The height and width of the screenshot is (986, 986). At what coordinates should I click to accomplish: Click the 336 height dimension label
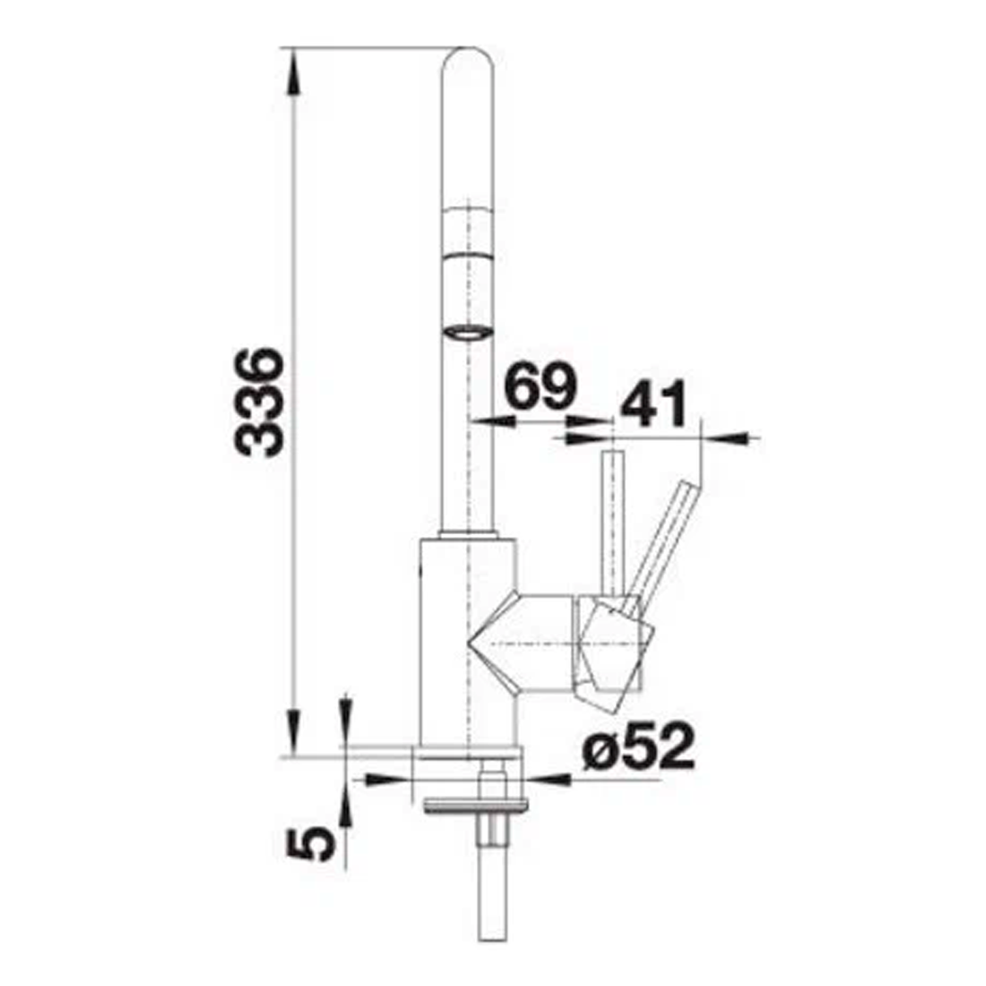(259, 402)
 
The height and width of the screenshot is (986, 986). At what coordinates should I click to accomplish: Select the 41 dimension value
(654, 403)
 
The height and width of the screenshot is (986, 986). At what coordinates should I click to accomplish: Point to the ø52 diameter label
(639, 747)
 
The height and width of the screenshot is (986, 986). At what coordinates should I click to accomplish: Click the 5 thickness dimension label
(310, 843)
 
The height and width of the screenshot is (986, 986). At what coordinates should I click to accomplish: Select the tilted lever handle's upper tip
(690, 486)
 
